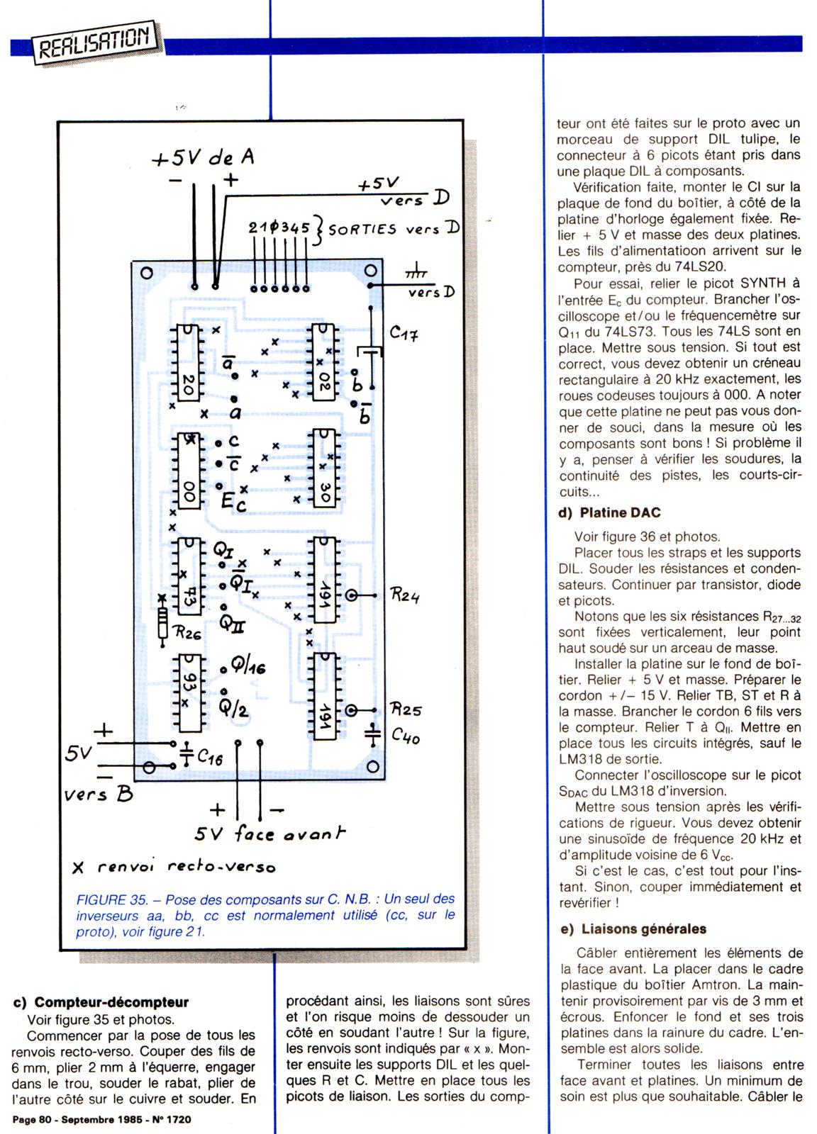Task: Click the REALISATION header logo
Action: click(x=94, y=42)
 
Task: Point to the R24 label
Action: click(x=406, y=596)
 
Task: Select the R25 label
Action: click(x=406, y=709)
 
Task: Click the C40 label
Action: click(x=406, y=737)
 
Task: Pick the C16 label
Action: click(x=210, y=758)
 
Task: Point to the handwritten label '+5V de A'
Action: click(x=204, y=157)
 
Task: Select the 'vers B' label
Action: click(x=99, y=795)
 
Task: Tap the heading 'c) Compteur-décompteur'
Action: click(x=101, y=1002)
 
